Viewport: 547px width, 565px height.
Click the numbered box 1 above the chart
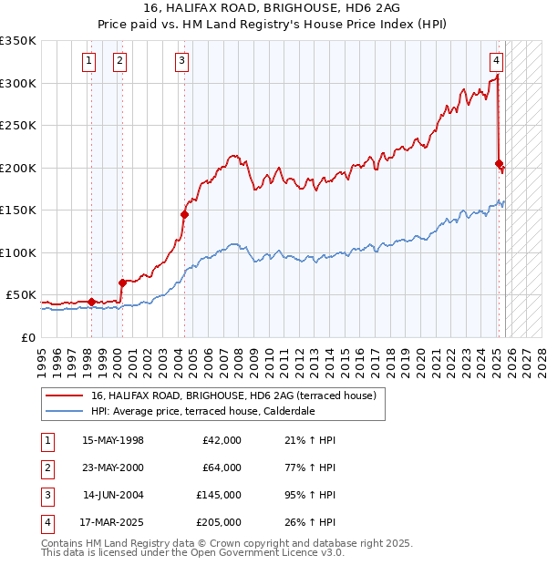89,61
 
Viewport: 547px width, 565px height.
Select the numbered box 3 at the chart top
182,61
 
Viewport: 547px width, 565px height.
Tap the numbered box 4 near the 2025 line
496,61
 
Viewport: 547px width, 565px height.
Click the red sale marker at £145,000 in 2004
184,215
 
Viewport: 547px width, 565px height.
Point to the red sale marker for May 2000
122,283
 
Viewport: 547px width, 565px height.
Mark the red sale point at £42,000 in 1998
91,302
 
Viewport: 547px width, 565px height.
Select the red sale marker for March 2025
499,164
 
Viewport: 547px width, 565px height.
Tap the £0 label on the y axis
27,338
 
